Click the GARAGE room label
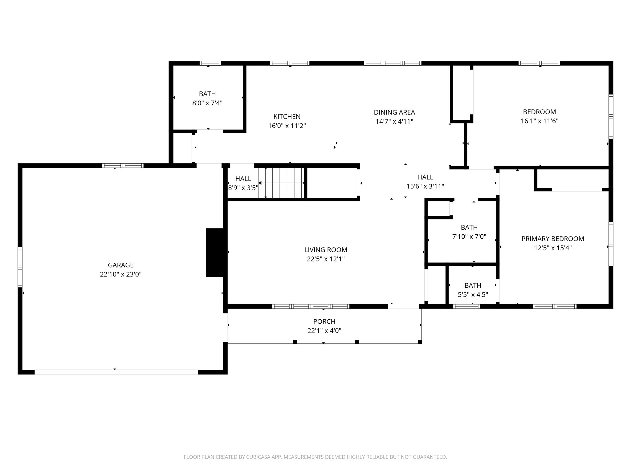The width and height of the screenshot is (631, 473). [x=120, y=265]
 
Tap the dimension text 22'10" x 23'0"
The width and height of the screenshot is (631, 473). [x=120, y=274]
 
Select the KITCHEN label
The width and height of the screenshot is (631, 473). [x=287, y=116]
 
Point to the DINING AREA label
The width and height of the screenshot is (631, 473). [x=394, y=112]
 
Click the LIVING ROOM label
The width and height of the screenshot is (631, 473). [x=325, y=250]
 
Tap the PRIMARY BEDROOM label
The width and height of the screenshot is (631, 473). [x=552, y=239]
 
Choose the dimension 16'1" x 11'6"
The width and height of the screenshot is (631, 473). [x=539, y=121]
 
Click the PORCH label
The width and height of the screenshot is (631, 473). [x=324, y=321]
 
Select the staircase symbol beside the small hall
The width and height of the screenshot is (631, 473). [x=281, y=183]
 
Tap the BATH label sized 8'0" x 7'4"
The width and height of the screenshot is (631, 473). [x=207, y=94]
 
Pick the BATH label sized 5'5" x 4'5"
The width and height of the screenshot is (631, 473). [x=473, y=285]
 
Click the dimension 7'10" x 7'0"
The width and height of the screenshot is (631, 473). [x=469, y=237]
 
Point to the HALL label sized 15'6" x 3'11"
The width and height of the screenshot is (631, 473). [x=425, y=177]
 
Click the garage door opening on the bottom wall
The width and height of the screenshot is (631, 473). [x=116, y=372]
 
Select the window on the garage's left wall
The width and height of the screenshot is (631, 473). [x=20, y=267]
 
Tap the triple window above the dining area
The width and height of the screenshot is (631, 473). [x=392, y=63]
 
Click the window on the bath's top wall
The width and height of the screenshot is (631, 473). [x=210, y=63]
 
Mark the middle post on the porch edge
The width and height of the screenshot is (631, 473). [x=357, y=342]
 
